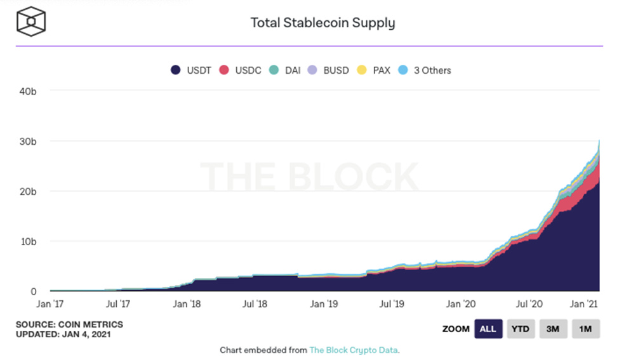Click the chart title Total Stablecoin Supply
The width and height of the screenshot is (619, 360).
coord(323,23)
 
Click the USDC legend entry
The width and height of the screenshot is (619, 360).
coord(241,70)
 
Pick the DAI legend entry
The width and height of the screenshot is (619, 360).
coord(285,70)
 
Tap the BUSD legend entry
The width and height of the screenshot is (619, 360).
coord(328,70)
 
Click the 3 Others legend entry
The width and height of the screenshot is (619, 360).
coord(424,70)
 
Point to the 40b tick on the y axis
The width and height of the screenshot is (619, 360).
coord(27,91)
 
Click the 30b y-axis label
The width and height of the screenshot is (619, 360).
coord(27,141)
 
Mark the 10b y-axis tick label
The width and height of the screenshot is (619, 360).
coord(27,241)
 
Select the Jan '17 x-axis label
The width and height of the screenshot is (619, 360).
coord(50,304)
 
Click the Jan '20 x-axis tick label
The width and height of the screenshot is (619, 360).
coord(462,304)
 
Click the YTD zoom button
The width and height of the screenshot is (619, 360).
coord(520,329)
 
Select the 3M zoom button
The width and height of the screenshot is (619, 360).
coord(553,329)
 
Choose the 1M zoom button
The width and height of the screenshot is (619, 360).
coord(585,329)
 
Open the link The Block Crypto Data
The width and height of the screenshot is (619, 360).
coord(354,350)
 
